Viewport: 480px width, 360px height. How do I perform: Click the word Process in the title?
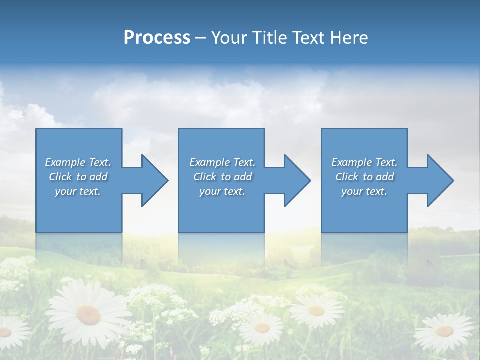point(157,37)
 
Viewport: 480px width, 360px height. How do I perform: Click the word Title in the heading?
point(268,37)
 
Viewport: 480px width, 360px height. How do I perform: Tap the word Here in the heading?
point(349,37)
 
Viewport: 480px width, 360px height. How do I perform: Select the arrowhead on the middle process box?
point(296,180)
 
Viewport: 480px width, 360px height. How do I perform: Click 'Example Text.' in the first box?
point(78,162)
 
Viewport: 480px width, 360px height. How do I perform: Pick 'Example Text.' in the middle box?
point(222,162)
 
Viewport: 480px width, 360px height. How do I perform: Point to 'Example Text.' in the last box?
point(364,162)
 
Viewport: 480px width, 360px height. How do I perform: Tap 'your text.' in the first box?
point(78,191)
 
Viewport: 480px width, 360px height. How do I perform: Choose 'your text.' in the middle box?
point(222,191)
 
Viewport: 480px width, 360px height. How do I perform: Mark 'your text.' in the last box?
point(364,191)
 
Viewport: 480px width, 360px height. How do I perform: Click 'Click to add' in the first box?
point(78,177)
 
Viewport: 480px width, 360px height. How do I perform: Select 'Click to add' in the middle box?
point(222,177)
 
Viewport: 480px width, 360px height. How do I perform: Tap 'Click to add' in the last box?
point(364,177)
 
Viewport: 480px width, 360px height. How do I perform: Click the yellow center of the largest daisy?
point(88,314)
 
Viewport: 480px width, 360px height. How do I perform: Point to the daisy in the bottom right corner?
point(444,331)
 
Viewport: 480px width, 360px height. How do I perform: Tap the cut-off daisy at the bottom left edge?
point(7,332)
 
